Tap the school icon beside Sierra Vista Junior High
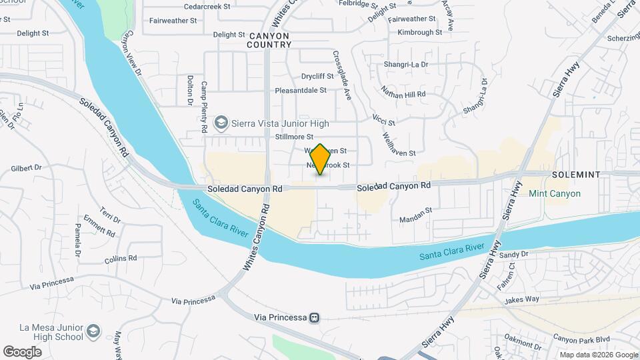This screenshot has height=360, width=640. pyautogui.click(x=220, y=123)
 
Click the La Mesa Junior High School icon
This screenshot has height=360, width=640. pyautogui.click(x=93, y=331)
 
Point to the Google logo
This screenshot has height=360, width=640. pyautogui.click(x=23, y=351)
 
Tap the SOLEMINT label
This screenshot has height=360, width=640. pyautogui.click(x=576, y=174)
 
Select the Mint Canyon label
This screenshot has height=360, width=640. pyautogui.click(x=554, y=193)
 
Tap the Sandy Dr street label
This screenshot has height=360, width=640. pyautogui.click(x=513, y=255)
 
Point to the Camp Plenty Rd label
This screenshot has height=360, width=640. pyautogui.click(x=205, y=105)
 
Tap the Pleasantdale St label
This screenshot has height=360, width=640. pyautogui.click(x=301, y=90)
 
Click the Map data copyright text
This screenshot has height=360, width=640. pyautogui.click(x=598, y=354)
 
